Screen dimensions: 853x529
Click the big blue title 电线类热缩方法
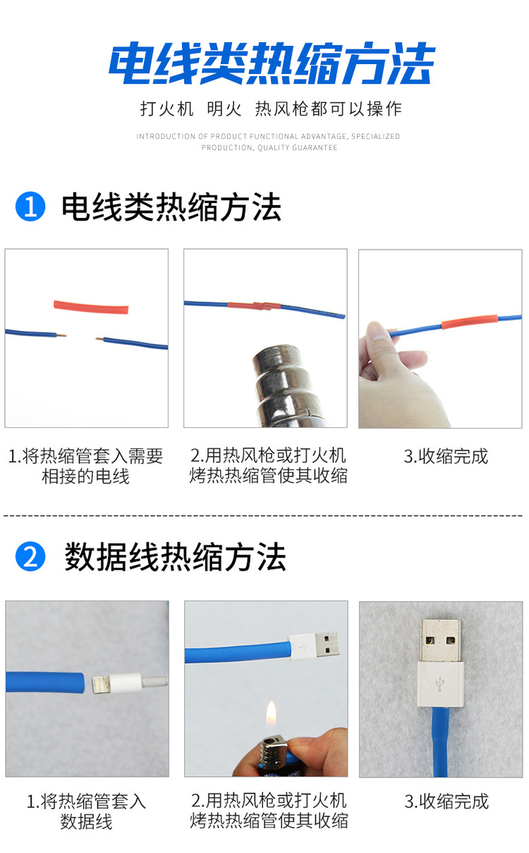(x=272, y=65)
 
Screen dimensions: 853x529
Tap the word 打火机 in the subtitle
(x=166, y=109)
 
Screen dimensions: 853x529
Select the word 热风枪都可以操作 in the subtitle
(x=328, y=109)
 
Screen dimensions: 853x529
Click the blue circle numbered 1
(x=30, y=207)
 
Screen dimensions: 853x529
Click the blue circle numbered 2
(x=30, y=557)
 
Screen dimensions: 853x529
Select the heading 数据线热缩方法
(x=175, y=557)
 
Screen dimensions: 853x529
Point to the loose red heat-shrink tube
(x=92, y=307)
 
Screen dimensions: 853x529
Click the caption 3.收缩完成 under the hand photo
(x=446, y=456)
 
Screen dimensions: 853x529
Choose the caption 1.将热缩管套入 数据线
(x=86, y=811)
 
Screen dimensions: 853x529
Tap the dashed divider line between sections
(x=264, y=515)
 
